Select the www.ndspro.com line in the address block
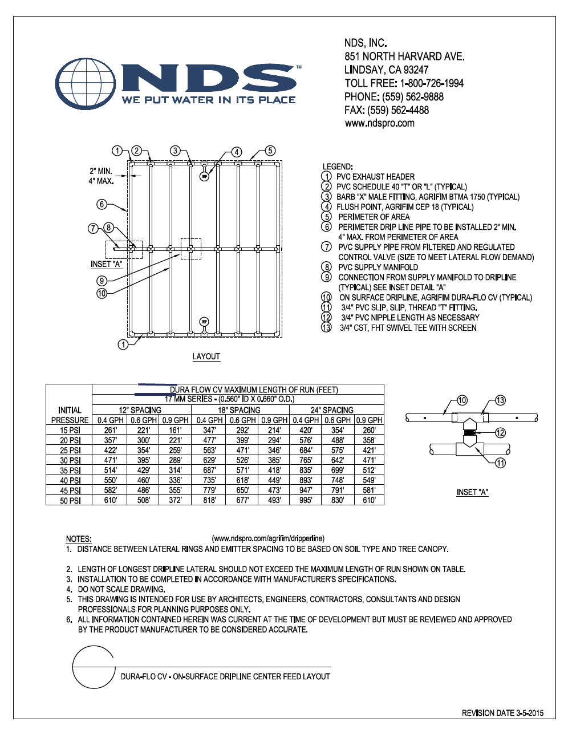tap(379, 123)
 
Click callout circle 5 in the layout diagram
tap(270, 151)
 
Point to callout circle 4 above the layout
tap(236, 152)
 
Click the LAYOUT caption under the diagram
tap(206, 356)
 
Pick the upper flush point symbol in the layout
tap(205, 177)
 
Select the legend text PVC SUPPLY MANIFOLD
tap(378, 267)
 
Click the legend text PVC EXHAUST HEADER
tap(375, 177)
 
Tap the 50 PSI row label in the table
tap(70, 501)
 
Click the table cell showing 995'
tap(306, 500)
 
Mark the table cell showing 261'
tap(111, 430)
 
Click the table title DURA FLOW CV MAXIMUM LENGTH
tap(254, 390)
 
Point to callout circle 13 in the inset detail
tap(500, 400)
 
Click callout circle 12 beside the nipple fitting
tap(500, 433)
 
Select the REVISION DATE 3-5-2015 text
tap(502, 713)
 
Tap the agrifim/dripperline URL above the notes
tap(268, 538)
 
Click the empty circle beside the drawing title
tap(93, 667)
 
